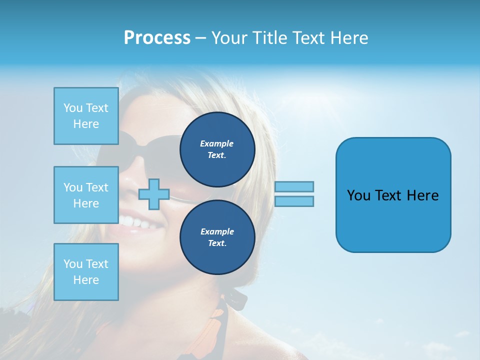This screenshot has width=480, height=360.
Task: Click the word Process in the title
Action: [x=157, y=38]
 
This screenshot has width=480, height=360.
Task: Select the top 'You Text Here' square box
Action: [x=86, y=116]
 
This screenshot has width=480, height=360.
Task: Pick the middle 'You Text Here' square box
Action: [x=86, y=195]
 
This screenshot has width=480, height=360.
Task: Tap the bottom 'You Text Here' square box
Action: [x=86, y=272]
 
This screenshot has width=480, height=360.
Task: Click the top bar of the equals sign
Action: [x=294, y=186]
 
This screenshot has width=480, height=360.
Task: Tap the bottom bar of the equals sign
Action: [x=294, y=201]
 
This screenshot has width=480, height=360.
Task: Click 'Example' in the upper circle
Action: [x=216, y=143]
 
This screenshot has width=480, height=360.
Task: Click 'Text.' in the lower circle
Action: [x=216, y=243]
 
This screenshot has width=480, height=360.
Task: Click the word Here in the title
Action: [x=348, y=38]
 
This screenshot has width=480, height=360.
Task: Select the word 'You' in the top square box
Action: [x=72, y=108]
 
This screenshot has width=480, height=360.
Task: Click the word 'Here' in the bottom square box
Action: [x=86, y=280]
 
